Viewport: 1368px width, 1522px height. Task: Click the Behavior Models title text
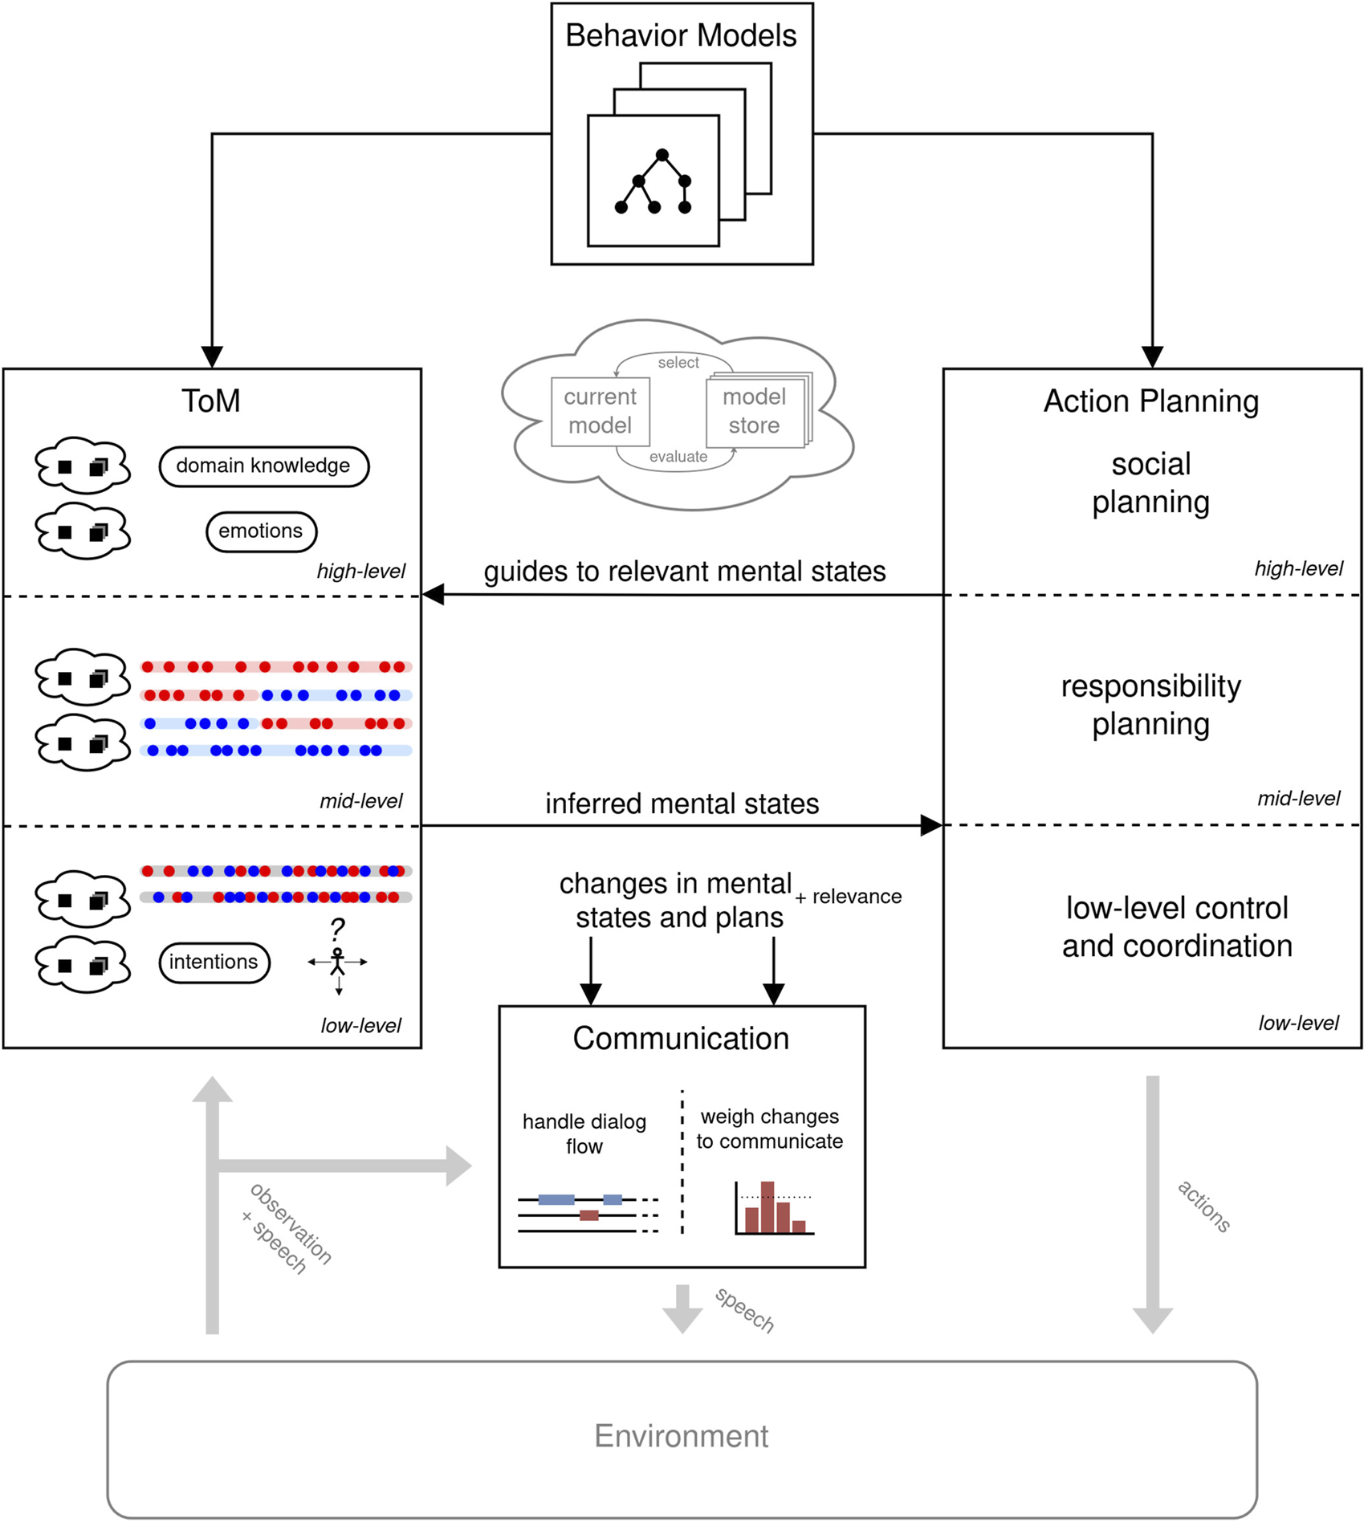point(681,36)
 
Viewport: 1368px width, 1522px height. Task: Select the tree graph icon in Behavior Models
point(653,182)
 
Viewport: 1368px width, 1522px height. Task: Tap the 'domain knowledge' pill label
point(263,466)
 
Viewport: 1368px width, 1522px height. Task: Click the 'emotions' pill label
point(261,531)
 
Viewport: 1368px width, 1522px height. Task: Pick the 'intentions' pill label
point(214,962)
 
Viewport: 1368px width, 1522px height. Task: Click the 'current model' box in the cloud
point(600,412)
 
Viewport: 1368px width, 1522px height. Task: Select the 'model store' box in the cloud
point(755,412)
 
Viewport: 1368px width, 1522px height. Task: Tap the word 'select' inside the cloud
point(678,363)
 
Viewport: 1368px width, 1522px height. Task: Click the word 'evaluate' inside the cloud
point(678,457)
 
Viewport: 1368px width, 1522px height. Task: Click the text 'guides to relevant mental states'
point(684,572)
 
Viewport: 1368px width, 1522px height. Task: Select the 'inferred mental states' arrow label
point(682,804)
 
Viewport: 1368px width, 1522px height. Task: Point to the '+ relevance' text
point(849,897)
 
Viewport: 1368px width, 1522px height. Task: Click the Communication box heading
point(681,1039)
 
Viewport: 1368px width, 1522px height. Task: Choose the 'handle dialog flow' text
point(584,1133)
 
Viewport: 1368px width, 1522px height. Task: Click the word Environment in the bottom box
point(681,1436)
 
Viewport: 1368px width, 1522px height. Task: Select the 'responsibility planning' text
point(1150,705)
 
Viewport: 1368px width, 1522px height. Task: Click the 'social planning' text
point(1150,483)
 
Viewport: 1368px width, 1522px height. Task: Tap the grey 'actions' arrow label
point(1203,1206)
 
